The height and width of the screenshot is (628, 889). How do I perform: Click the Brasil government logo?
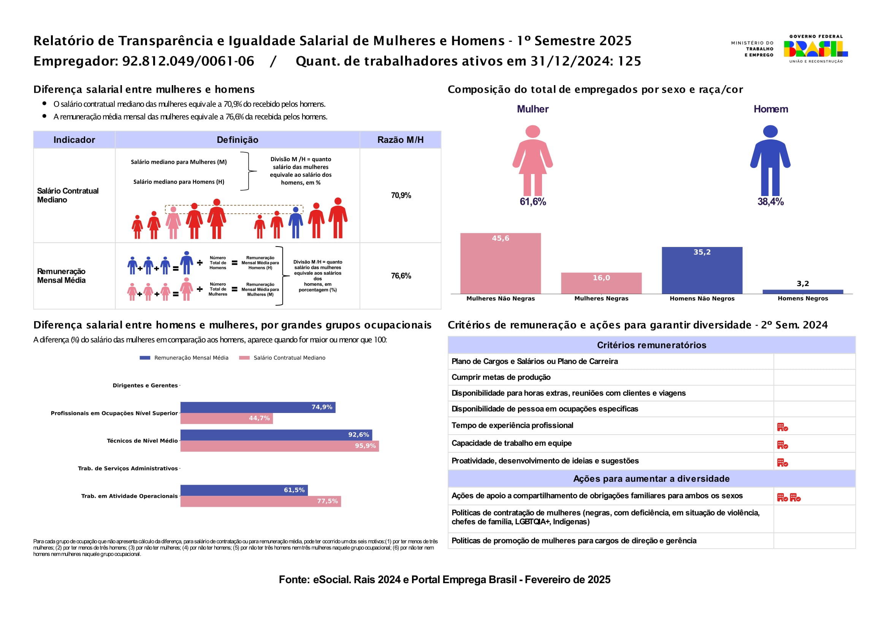pos(815,49)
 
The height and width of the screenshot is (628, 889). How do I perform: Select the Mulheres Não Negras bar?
pos(500,264)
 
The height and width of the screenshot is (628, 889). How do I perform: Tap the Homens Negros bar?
pos(803,292)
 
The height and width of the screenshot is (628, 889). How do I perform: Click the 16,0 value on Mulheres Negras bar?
pos(601,278)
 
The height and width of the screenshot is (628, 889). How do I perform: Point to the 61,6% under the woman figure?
pos(533,202)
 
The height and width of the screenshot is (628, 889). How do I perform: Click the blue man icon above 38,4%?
pos(770,160)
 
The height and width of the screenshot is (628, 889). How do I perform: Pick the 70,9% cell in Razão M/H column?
pos(401,195)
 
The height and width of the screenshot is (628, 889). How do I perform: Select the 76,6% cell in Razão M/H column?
pos(401,276)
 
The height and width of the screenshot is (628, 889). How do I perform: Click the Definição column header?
pos(237,140)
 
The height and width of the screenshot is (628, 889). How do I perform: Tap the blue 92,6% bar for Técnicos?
pos(276,435)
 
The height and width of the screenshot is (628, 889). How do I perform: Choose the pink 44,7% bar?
pos(227,418)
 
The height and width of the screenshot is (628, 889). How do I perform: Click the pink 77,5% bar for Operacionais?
pos(260,501)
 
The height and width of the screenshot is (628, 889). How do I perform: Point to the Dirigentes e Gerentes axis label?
pos(145,385)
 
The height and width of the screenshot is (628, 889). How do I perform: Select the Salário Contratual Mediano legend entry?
pos(289,358)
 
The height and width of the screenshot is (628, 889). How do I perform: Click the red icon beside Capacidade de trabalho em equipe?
pos(782,445)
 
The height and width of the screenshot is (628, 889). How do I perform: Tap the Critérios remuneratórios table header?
pos(651,345)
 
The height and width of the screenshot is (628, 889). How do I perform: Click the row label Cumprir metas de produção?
pos(501,377)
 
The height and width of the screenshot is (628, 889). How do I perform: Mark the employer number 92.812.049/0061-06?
pos(188,61)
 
